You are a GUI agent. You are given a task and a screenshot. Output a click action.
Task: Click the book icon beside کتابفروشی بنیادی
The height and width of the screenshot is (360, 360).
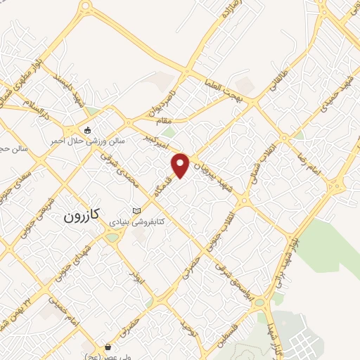click(x=136, y=210)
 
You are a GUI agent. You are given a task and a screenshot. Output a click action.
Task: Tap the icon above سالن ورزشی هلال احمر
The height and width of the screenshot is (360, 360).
click(x=87, y=130)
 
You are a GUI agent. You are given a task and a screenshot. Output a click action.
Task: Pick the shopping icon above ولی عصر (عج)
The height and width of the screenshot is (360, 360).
click(x=107, y=346)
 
